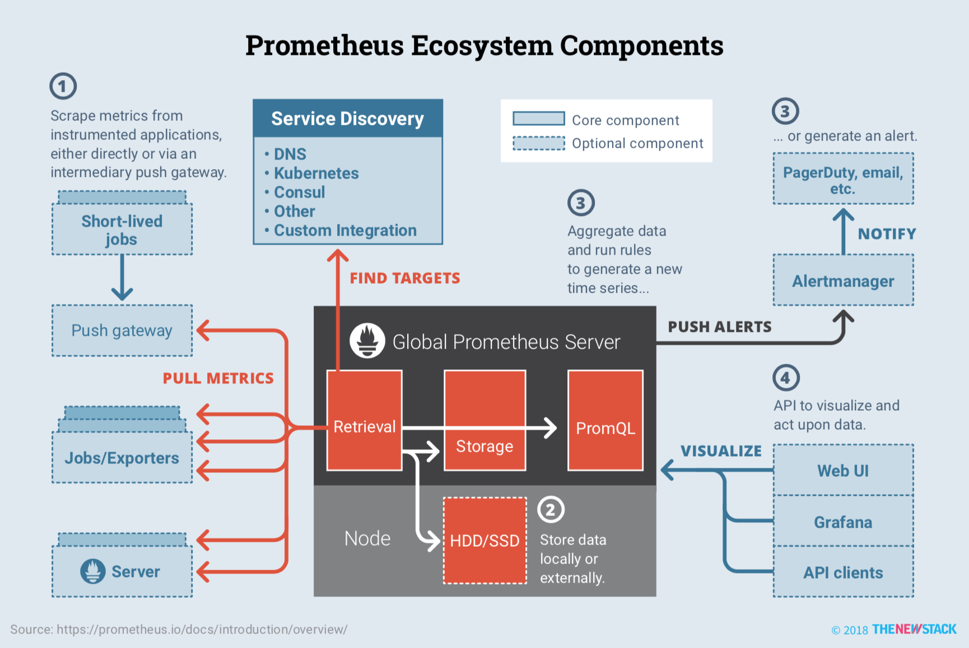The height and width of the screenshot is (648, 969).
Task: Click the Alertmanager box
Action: pyautogui.click(x=843, y=280)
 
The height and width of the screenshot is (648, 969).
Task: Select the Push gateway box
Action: pyautogui.click(x=122, y=330)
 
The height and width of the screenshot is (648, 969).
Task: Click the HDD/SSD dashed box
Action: pyautogui.click(x=484, y=541)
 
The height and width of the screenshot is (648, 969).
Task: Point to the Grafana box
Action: pyautogui.click(x=843, y=522)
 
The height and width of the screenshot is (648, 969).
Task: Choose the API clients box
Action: pyautogui.click(x=843, y=572)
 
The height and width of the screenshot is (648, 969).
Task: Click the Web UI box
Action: pyautogui.click(x=843, y=470)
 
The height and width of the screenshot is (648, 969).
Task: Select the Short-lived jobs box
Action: pyautogui.click(x=122, y=229)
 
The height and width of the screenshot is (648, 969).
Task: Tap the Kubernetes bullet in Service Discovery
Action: pyautogui.click(x=316, y=173)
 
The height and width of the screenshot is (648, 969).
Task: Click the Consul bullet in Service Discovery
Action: pyautogui.click(x=299, y=192)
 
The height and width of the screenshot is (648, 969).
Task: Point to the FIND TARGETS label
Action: pyautogui.click(x=404, y=278)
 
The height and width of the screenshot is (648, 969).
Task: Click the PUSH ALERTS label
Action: pyautogui.click(x=719, y=327)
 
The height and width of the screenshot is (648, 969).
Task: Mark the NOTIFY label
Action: pyautogui.click(x=887, y=234)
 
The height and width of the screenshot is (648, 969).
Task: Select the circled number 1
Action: pyautogui.click(x=63, y=86)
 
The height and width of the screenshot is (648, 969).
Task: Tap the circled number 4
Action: pyautogui.click(x=786, y=378)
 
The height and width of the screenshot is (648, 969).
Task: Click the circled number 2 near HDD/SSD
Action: pyautogui.click(x=551, y=509)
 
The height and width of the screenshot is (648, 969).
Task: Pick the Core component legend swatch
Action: pyautogui.click(x=538, y=119)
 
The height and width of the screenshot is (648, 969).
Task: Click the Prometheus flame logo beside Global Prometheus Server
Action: pyautogui.click(x=367, y=340)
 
